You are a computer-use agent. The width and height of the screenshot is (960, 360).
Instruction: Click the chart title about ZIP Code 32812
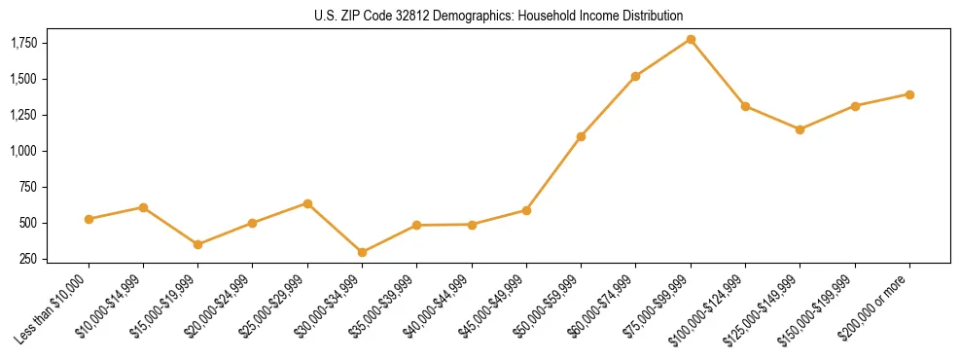coord(499,16)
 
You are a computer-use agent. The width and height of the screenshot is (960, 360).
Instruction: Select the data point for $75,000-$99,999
coord(691,39)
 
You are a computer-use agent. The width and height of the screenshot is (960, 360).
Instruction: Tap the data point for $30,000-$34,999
coord(362,252)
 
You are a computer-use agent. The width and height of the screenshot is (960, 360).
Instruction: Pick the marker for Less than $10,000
coord(89,219)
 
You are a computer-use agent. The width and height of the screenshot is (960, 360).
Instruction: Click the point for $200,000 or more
coord(909,94)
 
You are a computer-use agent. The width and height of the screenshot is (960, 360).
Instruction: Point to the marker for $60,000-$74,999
coord(635,76)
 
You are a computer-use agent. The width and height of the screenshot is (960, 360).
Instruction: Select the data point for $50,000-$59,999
coord(581,136)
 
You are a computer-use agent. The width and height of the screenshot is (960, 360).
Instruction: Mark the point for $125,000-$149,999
coord(800,129)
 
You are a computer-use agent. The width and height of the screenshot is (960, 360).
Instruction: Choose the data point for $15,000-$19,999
coord(197,244)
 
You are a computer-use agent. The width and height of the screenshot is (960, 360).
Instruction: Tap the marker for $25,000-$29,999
coord(307,203)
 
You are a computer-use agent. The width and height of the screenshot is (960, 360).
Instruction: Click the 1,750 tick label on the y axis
coord(23,43)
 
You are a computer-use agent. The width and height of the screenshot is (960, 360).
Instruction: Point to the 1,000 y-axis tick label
coord(23,151)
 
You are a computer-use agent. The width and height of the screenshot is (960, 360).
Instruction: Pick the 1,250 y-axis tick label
coord(23,115)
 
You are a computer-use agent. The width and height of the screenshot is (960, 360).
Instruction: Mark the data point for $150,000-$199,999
coord(855,105)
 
